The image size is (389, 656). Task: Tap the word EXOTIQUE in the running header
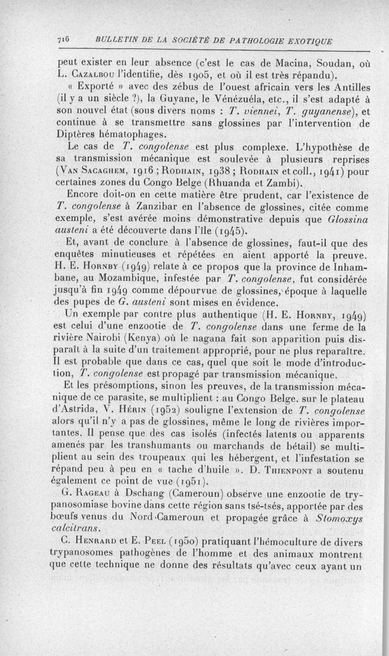coord(309,42)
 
